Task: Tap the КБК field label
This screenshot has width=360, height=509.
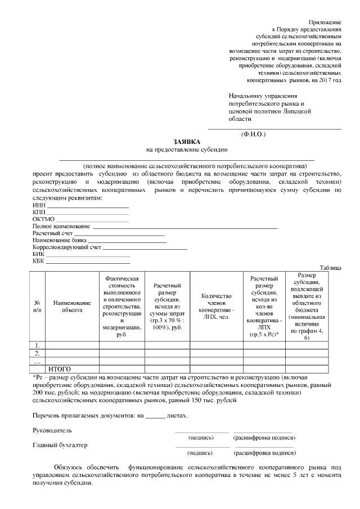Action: coord(38,260)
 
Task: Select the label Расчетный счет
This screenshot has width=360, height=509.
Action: coord(52,233)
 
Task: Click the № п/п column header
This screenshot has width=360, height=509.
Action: coord(37,306)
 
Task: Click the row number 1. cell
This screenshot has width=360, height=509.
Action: coord(37,345)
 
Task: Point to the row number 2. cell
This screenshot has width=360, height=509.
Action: coord(37,353)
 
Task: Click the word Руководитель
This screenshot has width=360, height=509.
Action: coord(52,430)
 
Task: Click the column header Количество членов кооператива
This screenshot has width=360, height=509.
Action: coord(216,306)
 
